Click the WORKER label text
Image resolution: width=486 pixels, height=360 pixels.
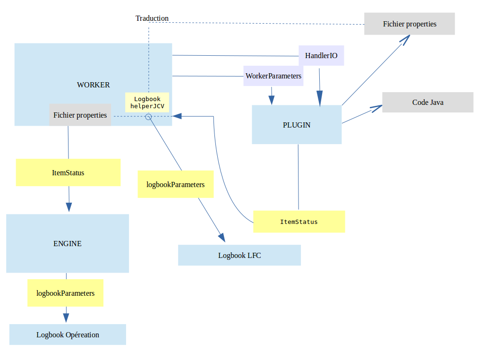click(94, 85)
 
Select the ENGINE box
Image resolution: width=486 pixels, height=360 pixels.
click(68, 243)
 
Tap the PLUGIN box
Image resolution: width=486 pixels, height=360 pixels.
click(297, 125)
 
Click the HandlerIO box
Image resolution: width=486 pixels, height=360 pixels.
click(321, 56)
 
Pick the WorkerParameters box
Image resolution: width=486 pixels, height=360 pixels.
click(273, 76)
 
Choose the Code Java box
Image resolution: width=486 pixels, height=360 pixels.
click(427, 102)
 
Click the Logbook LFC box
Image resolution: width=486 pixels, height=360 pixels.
click(239, 255)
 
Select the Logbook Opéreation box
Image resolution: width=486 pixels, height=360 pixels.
click(68, 334)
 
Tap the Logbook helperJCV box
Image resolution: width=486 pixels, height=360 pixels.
click(147, 103)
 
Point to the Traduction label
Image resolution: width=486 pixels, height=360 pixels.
click(152, 18)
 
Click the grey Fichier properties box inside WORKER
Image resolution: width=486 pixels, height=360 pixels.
click(80, 115)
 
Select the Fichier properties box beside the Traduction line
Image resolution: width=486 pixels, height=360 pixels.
click(409, 24)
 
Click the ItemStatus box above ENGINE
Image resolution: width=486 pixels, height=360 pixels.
click(68, 172)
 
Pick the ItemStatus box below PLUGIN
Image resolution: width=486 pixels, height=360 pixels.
click(299, 222)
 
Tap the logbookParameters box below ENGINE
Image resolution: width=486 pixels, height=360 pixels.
click(65, 293)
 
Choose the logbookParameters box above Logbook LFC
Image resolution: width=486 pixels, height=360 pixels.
click(176, 184)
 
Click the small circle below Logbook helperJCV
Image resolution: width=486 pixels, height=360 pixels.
click(148, 116)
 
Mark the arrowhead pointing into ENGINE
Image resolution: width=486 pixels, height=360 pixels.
click(69, 207)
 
